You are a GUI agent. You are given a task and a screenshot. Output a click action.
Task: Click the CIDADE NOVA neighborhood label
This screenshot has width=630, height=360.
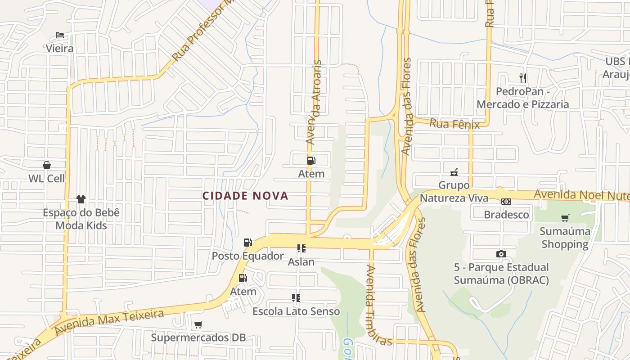tap(245, 196)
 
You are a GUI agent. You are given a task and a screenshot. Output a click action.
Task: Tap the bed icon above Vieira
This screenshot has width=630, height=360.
tap(60, 35)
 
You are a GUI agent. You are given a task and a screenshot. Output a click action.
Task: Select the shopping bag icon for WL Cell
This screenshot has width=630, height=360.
tap(47, 165)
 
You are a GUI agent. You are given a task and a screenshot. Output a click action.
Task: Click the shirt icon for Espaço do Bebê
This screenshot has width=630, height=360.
tap(81, 199)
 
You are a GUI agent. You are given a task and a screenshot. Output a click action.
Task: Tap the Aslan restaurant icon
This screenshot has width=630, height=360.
tap(301, 248)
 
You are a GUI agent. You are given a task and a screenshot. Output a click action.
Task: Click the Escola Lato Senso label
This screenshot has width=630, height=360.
tap(296, 311)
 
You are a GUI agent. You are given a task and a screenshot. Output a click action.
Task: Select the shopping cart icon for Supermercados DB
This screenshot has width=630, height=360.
tap(198, 324)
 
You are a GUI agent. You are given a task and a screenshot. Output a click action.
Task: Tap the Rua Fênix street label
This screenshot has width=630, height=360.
tap(454, 124)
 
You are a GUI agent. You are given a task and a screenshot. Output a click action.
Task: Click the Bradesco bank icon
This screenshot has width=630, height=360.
tap(506, 202)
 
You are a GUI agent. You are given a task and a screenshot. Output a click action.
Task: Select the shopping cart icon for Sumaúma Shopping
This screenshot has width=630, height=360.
tap(565, 218)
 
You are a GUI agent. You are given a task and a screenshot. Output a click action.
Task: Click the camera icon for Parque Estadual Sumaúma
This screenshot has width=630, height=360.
tap(501, 254)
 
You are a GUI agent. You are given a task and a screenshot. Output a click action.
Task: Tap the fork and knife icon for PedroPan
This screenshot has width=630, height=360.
tap(523, 78)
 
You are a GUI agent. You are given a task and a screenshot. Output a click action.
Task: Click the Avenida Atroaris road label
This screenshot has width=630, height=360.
tap(314, 103)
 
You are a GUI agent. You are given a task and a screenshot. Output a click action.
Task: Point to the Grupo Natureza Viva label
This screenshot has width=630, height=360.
tap(454, 192)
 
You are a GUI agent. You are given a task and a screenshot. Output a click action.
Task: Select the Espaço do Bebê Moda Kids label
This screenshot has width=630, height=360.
tap(81, 219)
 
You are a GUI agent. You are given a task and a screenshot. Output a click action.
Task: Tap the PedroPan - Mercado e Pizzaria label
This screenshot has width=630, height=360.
tap(523, 98)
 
